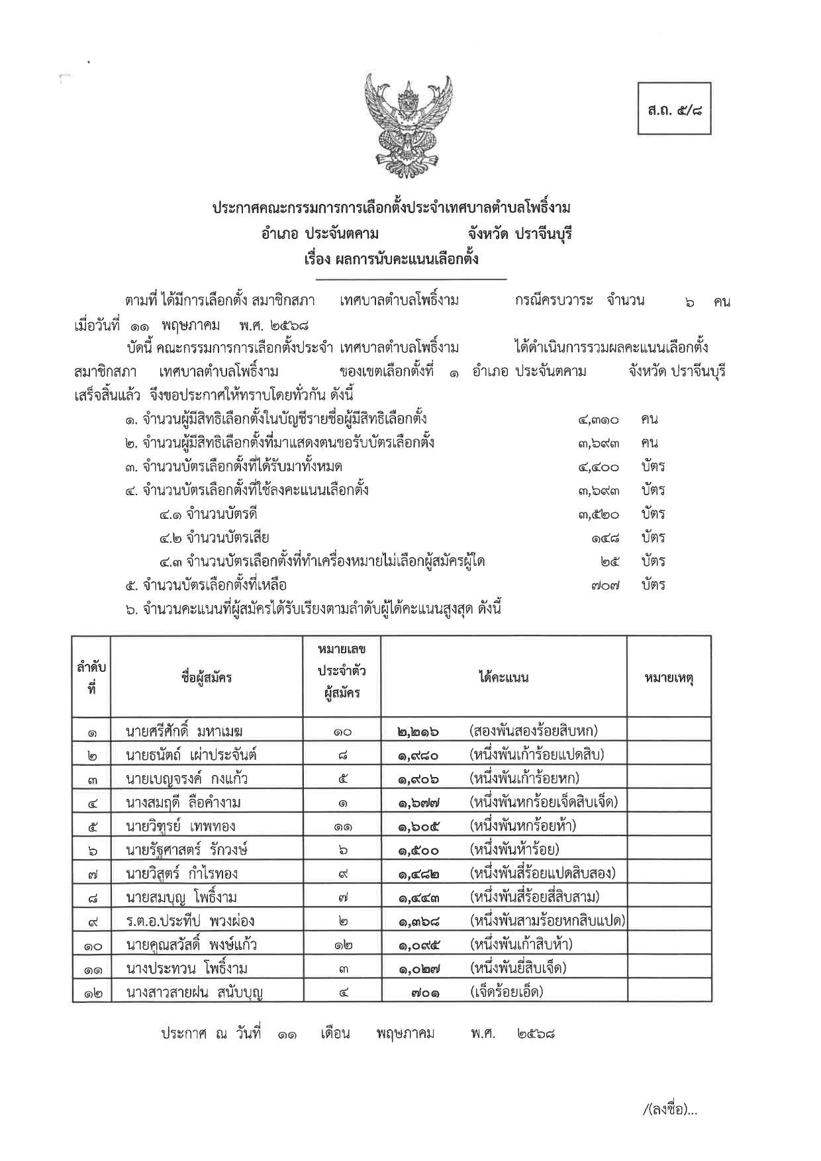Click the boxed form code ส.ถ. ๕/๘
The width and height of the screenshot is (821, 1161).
pyautogui.click(x=675, y=109)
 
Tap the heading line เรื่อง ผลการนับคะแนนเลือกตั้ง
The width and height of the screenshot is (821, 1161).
pyautogui.click(x=391, y=258)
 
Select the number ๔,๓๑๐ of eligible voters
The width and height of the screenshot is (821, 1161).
pyautogui.click(x=598, y=420)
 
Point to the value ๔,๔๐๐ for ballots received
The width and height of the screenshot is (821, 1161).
pyautogui.click(x=598, y=467)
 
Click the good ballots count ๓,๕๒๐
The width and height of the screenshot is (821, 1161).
pyautogui.click(x=598, y=514)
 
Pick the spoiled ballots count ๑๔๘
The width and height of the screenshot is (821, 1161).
pyautogui.click(x=605, y=538)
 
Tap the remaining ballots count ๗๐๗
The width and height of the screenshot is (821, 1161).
pyautogui.click(x=605, y=586)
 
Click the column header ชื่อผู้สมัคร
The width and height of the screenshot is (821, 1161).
pyautogui.click(x=206, y=676)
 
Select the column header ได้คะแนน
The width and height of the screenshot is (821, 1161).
pyautogui.click(x=503, y=676)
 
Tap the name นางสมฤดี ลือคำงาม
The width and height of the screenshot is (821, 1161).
pyautogui.click(x=183, y=803)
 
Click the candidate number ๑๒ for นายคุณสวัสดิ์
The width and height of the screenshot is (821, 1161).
pyautogui.click(x=342, y=945)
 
